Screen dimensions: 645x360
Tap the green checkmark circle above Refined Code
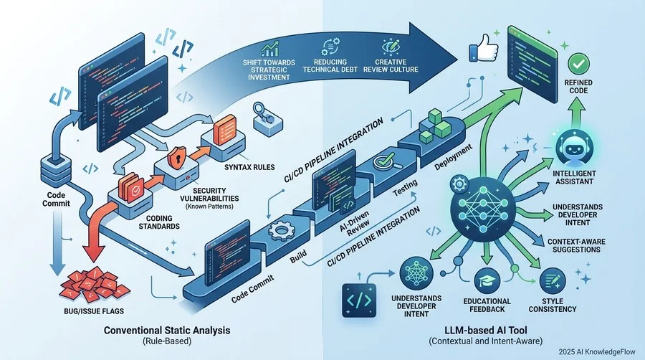578,64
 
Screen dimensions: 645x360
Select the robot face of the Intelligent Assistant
574,149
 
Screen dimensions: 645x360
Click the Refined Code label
578,86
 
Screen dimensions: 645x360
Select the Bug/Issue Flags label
94,311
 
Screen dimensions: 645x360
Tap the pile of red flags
94,283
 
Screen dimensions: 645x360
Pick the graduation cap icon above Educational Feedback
487,281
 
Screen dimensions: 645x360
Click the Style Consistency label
553,305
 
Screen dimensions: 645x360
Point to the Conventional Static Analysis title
167,330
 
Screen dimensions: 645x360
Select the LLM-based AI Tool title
486,330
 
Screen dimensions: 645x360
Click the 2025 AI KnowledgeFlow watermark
597,352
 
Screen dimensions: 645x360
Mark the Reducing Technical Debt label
330,65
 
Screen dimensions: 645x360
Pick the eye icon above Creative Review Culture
391,47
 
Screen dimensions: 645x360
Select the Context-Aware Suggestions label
576,246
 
